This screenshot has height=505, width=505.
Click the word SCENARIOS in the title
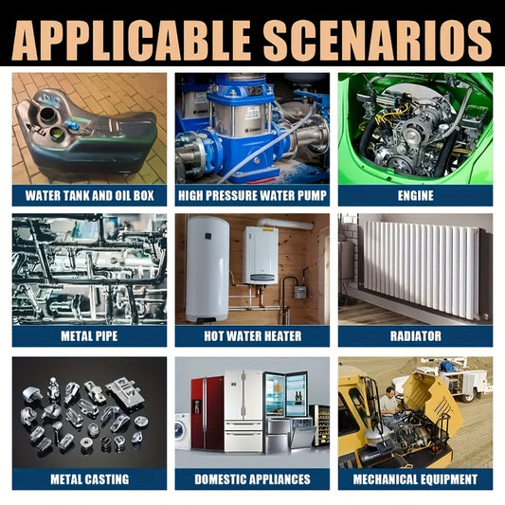click(377, 41)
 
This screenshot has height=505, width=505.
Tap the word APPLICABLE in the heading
click(132, 41)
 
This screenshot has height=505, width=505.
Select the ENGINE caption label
click(416, 195)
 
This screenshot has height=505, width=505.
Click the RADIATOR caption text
click(416, 336)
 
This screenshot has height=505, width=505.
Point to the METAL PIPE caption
click(89, 336)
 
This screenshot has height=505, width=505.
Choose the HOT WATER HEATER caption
click(252, 336)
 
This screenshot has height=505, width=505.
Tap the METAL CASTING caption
click(89, 479)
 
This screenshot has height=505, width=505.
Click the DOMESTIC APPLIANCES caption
click(252, 479)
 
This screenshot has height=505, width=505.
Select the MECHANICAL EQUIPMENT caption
click(416, 479)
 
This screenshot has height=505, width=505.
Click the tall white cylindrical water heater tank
click(207, 269)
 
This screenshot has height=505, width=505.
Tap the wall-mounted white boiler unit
click(261, 255)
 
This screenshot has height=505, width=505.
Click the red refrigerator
click(207, 413)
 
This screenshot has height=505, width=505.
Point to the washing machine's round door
click(178, 430)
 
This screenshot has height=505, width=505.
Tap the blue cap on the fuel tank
click(71, 125)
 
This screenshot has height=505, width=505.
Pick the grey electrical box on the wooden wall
click(299, 292)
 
